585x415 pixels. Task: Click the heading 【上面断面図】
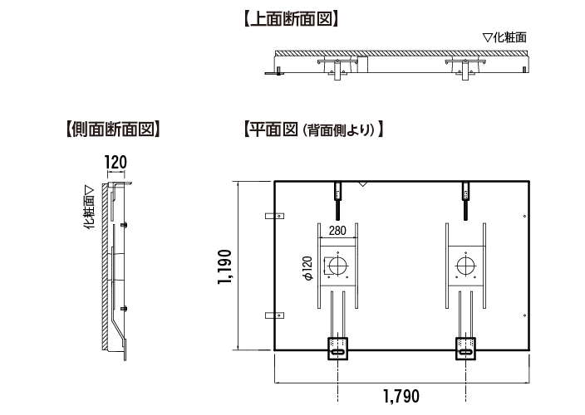pyautogui.click(x=291, y=16)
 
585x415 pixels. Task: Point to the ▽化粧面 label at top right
pyautogui.click(x=504, y=37)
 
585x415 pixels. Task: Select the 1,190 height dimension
pyautogui.click(x=224, y=266)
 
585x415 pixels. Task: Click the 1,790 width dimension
pyautogui.click(x=401, y=394)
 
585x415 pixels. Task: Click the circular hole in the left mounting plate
pyautogui.click(x=337, y=266)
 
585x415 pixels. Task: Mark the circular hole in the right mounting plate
pyautogui.click(x=466, y=266)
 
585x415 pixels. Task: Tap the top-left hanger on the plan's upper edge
pyautogui.click(x=337, y=192)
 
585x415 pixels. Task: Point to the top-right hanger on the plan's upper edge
pyautogui.click(x=466, y=192)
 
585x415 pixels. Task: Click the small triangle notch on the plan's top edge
pyautogui.click(x=361, y=183)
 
